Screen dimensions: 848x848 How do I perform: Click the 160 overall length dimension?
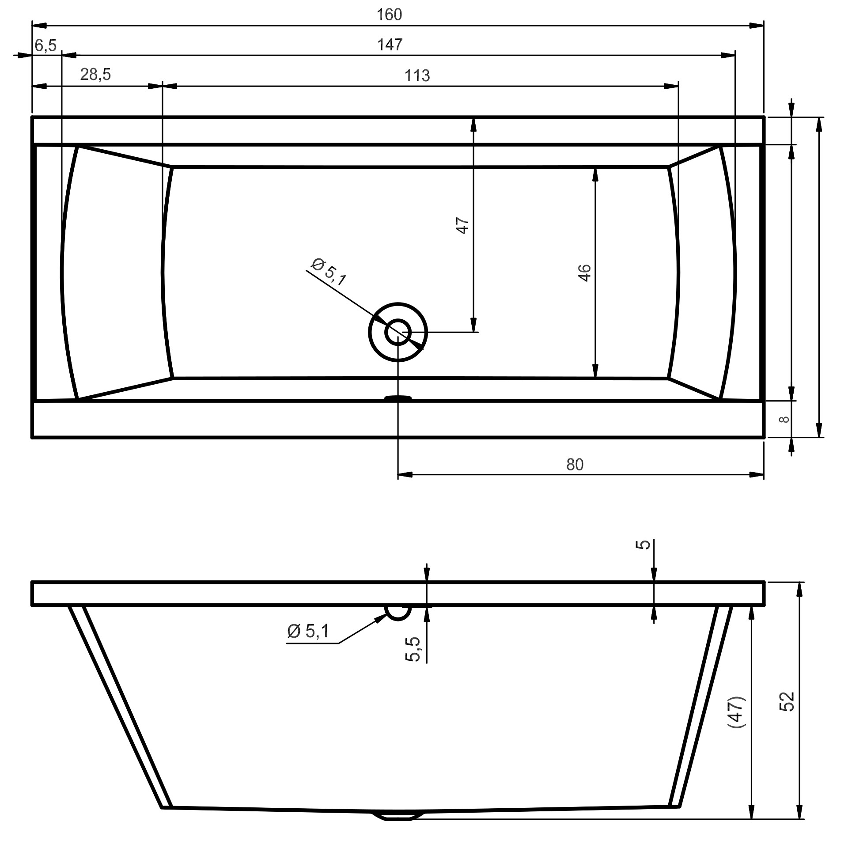point(390,15)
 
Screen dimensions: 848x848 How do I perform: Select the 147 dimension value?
point(390,45)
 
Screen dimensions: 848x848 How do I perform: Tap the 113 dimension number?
point(417,76)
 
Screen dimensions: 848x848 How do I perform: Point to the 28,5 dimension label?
point(95,75)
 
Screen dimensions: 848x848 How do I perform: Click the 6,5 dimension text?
point(46,45)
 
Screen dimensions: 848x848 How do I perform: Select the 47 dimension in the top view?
point(462,226)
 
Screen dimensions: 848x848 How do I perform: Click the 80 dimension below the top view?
point(575,464)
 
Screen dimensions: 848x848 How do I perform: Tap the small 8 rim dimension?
point(784,419)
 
